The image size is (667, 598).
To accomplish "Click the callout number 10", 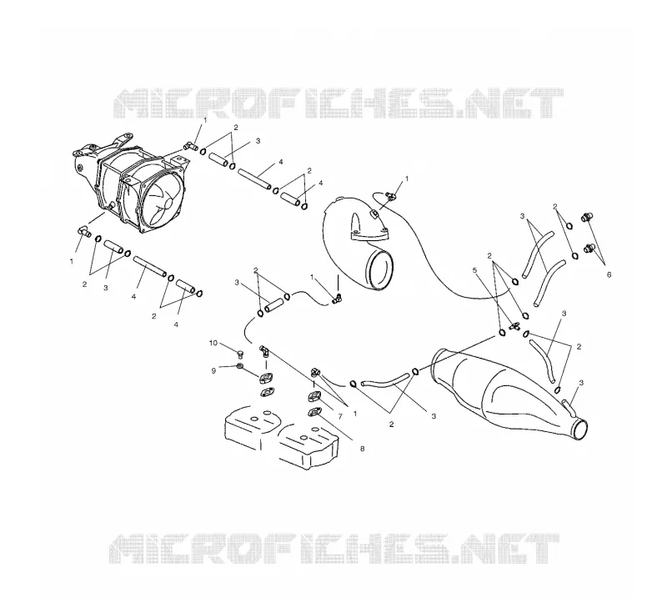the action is pos(213,343).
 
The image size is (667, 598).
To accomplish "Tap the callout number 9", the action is pos(213,370).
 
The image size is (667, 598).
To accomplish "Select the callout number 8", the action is pos(362,448).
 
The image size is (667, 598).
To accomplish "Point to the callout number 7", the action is pos(340,416).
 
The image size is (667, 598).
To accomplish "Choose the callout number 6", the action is pos(609,275).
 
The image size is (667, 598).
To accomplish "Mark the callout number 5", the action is pos(475,270).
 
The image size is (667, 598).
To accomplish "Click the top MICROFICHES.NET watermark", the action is pos(339,103).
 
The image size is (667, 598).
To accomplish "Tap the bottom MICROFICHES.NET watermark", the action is pos(334,549).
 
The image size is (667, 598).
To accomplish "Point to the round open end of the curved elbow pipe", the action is pos(380,269).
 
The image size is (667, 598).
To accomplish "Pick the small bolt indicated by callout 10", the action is pos(239,354).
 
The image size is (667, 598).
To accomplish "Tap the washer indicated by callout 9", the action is pos(240,366).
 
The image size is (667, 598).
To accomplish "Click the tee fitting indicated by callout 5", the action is pos(514,327).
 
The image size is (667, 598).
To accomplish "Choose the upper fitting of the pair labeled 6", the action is pos(587,217).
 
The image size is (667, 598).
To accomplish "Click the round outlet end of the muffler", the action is pos(579,429).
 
